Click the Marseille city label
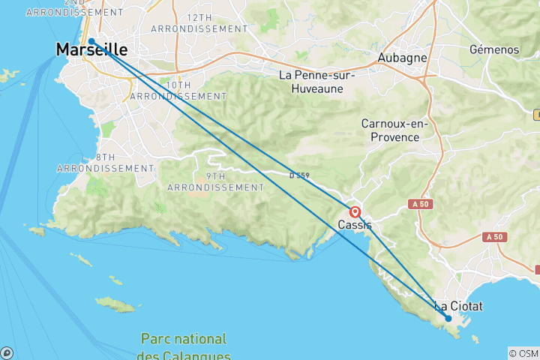pyautogui.click(x=91, y=50)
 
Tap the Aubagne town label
pyautogui.click(x=402, y=58)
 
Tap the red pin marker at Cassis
pyautogui.click(x=355, y=212)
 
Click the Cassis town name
pyautogui.click(x=355, y=225)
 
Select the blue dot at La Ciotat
pyautogui.click(x=448, y=318)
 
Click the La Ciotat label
pyautogui.click(x=459, y=306)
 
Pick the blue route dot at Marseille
pyautogui.click(x=91, y=42)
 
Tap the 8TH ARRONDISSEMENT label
pyautogui.click(x=105, y=162)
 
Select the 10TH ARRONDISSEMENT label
pyautogui.click(x=178, y=91)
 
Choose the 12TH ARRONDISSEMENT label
pyautogui.click(x=199, y=22)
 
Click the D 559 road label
pyautogui.click(x=299, y=176)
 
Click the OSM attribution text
pyautogui.click(x=523, y=353)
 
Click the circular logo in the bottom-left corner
pyautogui.click(x=7, y=353)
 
